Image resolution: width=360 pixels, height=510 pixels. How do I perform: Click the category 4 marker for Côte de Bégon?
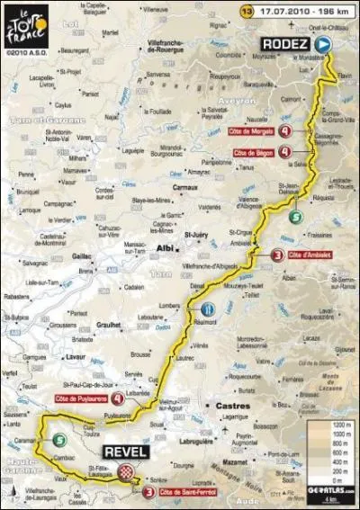285,154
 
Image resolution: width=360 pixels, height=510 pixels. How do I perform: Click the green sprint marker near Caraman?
58,440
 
